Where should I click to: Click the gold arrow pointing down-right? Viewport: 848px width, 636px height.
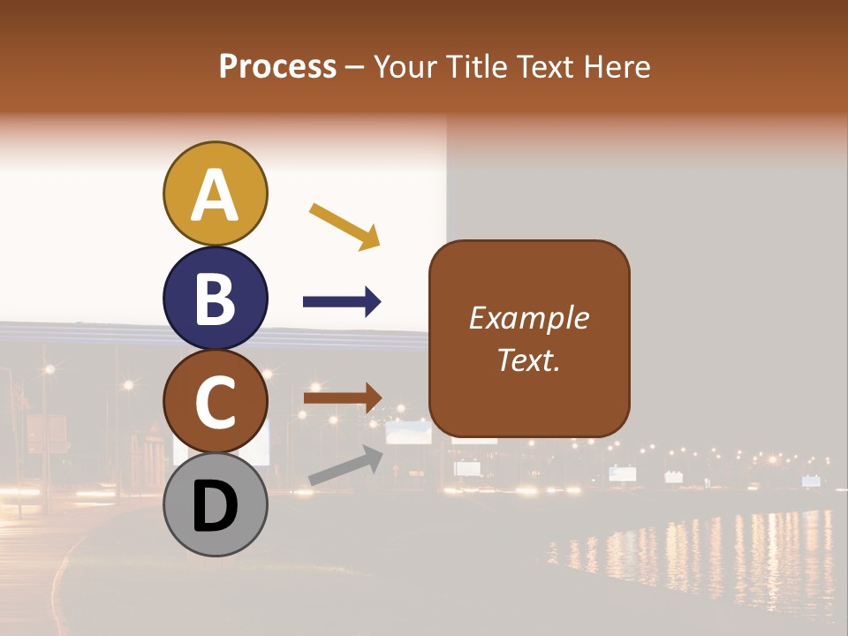coord(344,225)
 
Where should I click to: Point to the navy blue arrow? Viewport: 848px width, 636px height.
coord(342,302)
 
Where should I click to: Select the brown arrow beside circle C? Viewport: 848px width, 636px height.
coord(342,397)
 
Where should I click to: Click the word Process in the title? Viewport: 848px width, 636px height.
coord(277,66)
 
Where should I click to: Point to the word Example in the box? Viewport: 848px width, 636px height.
coord(528,318)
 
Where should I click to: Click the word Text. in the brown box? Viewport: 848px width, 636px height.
coord(528,360)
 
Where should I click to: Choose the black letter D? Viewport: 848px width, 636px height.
coord(215,507)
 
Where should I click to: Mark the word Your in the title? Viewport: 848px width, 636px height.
coord(404,66)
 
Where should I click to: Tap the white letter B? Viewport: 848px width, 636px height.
coord(215,299)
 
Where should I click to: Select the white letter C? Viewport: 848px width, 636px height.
coord(215,402)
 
